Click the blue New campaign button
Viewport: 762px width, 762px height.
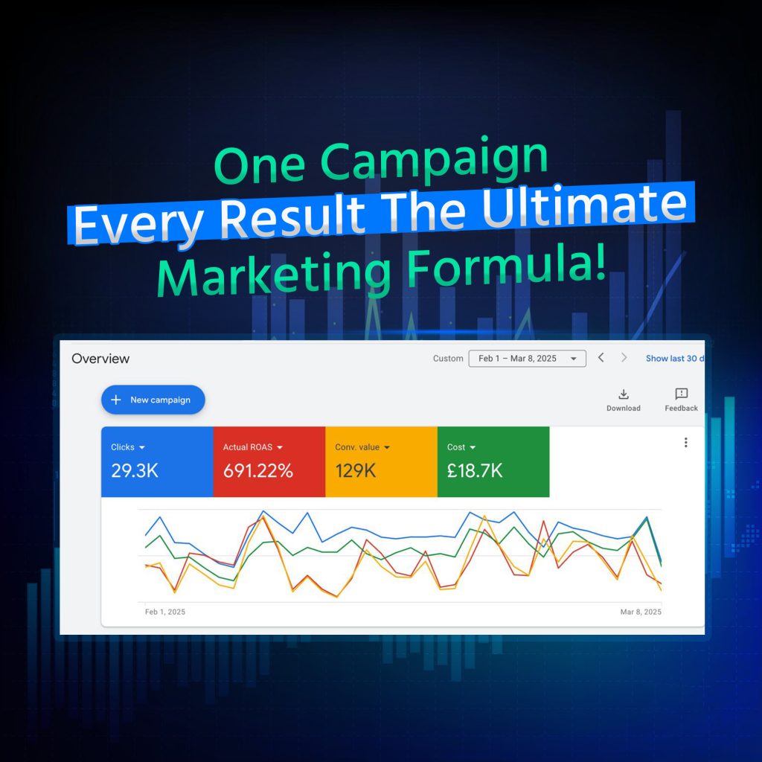tap(153, 400)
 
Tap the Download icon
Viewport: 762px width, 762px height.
tap(624, 394)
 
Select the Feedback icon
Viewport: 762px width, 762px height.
tap(682, 394)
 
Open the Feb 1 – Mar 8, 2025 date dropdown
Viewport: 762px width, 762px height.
tap(528, 359)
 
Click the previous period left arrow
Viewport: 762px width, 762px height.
tap(601, 358)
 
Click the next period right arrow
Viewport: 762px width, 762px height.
tap(624, 358)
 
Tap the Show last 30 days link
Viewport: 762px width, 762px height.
tap(675, 359)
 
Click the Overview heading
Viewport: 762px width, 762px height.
tap(100, 359)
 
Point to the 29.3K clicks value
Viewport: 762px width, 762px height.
tap(135, 470)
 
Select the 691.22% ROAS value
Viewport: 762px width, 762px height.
tap(258, 470)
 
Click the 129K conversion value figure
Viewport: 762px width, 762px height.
tap(355, 470)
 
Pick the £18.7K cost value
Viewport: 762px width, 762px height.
tap(475, 470)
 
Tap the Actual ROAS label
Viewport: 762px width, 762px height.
tap(248, 447)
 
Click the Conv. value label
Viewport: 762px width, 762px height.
tap(357, 447)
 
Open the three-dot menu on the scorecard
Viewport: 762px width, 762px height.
tap(685, 442)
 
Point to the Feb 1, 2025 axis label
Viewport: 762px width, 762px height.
tap(165, 612)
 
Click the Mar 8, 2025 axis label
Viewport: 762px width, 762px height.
tap(641, 612)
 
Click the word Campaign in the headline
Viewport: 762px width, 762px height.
tap(434, 159)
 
